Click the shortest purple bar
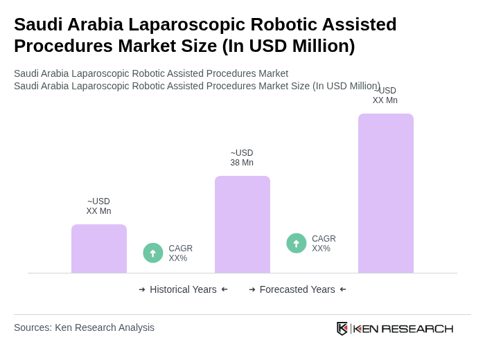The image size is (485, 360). point(99,249)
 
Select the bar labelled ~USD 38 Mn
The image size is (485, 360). point(242,224)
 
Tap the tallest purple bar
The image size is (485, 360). point(385,193)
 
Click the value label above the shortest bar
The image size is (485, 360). point(98,206)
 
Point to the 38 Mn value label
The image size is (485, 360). point(242,158)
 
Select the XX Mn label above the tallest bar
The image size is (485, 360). point(385,96)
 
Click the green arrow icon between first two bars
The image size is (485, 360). point(153,253)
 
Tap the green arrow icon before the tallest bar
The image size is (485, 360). point(297,244)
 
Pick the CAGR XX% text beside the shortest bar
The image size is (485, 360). point(180,253)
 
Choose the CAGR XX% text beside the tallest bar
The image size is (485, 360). point(324,244)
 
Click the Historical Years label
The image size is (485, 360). point(183,289)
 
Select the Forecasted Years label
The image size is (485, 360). point(297,289)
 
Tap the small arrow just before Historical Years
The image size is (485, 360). point(142,289)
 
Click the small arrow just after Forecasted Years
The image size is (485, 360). point(343,289)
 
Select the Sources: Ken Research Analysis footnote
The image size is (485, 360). point(84,327)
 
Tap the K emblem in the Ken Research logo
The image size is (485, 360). point(342,328)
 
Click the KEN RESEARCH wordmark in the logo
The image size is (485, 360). point(403,328)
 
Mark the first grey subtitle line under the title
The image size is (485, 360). point(151,73)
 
